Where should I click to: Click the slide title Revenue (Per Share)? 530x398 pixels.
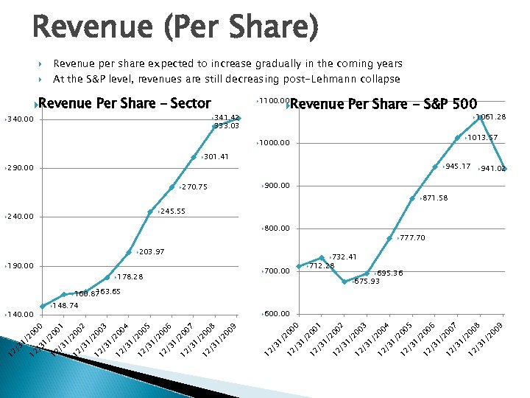pos(176,29)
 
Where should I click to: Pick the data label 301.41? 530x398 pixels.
pos(216,157)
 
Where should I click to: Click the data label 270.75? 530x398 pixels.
pos(194,187)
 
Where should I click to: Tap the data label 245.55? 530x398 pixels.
pos(172,212)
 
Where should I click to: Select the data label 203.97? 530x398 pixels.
pos(151,252)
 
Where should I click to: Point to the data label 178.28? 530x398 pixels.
pos(130,277)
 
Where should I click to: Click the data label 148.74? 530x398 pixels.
pos(65,304)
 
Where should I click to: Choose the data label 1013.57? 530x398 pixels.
pos(481,138)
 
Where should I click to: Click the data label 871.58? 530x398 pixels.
pos(434,198)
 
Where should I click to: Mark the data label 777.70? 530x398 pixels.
pos(412,238)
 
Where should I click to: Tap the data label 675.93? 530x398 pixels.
pos(366,282)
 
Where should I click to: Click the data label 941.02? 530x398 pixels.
pos(491,169)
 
